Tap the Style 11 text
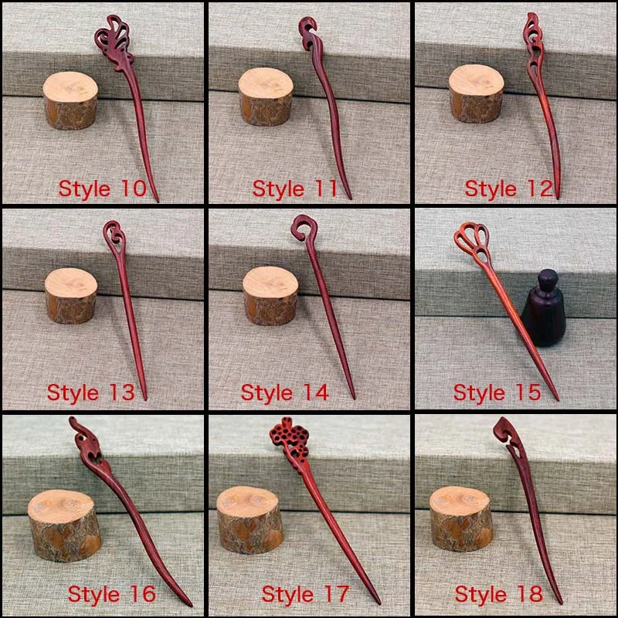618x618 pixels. pos(295,188)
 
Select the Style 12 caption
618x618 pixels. pos(508,188)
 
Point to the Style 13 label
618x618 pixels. pos(91,392)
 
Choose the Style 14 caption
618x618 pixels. pos(285,392)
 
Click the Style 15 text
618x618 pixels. pos(497,392)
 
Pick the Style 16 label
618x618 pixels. pos(112,594)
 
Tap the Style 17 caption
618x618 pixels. pos(306,594)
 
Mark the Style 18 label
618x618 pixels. pos(499,594)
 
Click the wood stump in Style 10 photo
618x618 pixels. pos(70,100)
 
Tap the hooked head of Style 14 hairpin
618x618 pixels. pos(304,226)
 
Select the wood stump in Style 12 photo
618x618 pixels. pos(476,94)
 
